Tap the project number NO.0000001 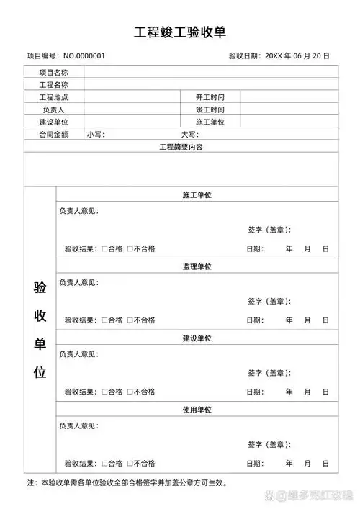click(84, 55)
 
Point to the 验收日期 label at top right click(245, 55)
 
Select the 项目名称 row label click(53, 72)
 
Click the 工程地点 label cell click(53, 97)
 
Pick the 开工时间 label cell click(210, 97)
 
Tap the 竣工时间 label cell click(210, 109)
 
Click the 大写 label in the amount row click(189, 135)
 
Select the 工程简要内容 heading click(181, 147)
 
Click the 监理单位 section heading click(197, 267)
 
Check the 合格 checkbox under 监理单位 click(104, 320)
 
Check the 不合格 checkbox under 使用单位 click(130, 463)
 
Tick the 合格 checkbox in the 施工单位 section click(104, 249)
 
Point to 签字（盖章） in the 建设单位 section click(269, 373)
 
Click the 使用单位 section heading click(197, 410)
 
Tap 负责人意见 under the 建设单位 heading click(78, 354)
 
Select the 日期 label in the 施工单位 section click(255, 249)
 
